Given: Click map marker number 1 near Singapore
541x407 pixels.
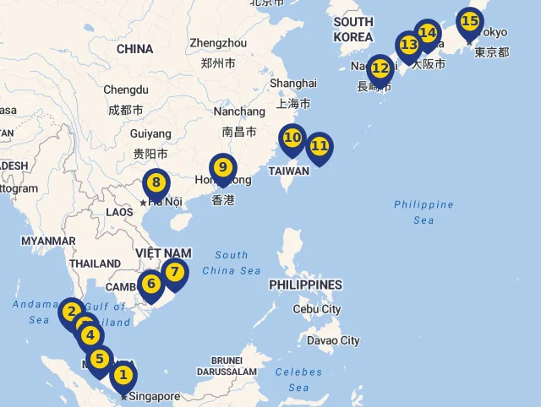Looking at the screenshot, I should pos(123,374).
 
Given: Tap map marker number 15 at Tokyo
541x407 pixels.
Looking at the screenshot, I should pos(469,21).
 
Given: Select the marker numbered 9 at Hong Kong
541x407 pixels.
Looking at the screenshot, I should pos(223,167).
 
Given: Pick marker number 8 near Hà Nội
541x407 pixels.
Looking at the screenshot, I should pos(156,182).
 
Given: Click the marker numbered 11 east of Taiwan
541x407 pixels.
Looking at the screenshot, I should pos(320,146).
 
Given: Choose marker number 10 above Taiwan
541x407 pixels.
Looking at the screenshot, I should pos(292,137).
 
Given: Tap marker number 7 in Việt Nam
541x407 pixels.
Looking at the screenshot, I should pos(174,272).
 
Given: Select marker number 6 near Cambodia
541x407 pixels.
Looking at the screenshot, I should pos(151,284).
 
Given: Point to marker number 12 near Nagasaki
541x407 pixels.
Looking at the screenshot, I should pos(380,68).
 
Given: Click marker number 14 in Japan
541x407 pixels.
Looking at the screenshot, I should pos(429,34).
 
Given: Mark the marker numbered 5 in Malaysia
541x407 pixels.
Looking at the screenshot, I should pos(99,359).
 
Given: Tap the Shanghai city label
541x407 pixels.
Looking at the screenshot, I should pos(293,84).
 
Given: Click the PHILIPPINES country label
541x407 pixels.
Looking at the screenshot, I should pos(305,285).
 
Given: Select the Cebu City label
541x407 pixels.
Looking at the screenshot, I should pos(317,309).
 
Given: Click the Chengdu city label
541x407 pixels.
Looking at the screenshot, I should pos(126,90).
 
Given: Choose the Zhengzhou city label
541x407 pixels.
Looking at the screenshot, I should pos(218,43).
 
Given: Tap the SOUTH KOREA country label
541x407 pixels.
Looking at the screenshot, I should pos(353,30).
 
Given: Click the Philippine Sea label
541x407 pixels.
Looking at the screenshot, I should pos(424,212).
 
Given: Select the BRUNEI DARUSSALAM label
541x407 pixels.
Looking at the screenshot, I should pos(227,366).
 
